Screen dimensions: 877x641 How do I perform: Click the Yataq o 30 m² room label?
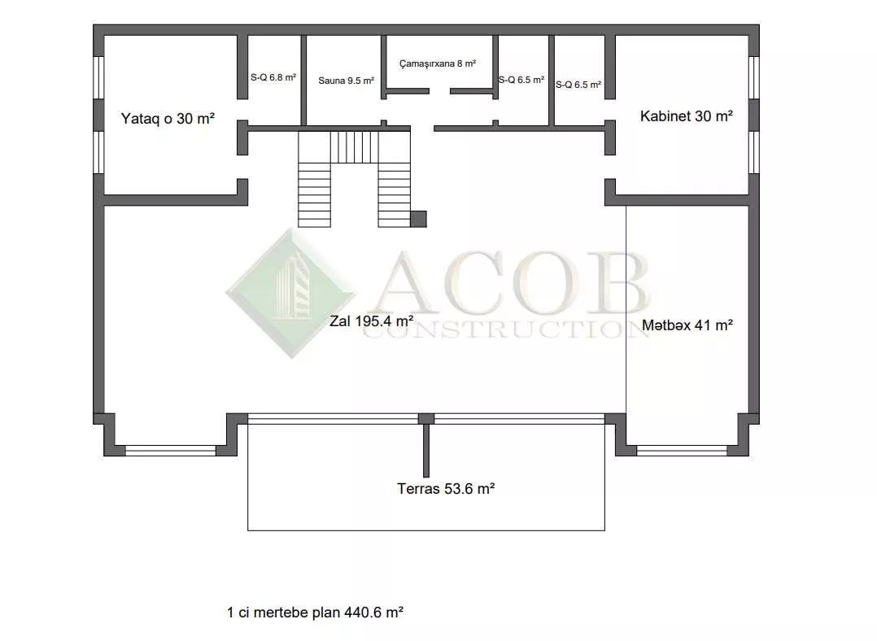168,119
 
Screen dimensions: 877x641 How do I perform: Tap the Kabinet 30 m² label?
687,116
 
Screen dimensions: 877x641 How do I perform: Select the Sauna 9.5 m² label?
347,81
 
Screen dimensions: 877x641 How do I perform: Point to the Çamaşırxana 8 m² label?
438,63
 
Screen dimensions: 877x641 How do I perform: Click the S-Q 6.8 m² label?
273,77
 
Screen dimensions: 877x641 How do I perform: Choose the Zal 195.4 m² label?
371,321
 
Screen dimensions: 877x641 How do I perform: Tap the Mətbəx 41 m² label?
687,325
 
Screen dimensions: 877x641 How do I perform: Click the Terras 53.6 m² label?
446,489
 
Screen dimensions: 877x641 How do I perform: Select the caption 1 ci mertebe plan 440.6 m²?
315,613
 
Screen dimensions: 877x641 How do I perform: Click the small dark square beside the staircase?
418,219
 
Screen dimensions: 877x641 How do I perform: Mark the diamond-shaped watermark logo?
291,293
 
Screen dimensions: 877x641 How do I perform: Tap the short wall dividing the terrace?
426,451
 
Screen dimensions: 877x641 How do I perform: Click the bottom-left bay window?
171,451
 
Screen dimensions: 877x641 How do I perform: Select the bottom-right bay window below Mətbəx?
682,451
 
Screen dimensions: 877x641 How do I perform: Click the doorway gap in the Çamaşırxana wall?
439,91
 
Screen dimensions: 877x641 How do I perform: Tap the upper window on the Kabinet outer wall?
754,78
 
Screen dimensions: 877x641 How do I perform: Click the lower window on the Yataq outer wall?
98,152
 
